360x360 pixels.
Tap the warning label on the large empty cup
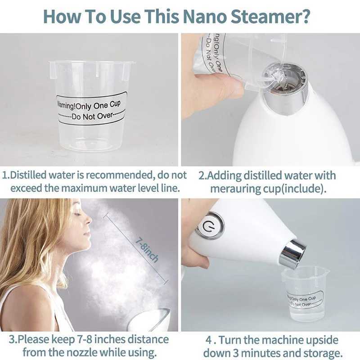(91, 108)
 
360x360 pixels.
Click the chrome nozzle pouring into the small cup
(292, 254)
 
